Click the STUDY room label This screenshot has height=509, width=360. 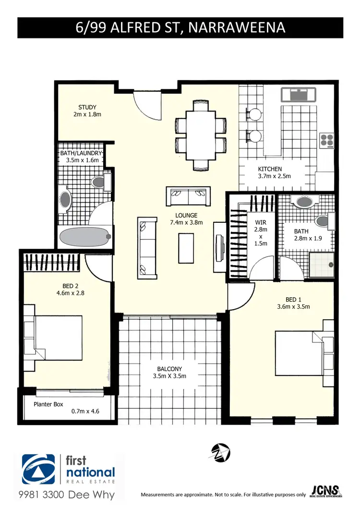(x=87, y=111)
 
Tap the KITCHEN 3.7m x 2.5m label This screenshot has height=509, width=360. (x=274, y=172)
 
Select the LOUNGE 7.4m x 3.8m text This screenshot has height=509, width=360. (x=186, y=219)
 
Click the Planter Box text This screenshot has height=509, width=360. (x=48, y=404)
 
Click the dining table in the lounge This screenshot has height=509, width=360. (x=201, y=135)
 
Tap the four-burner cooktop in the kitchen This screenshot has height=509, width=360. (x=327, y=139)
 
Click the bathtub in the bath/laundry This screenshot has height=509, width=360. (x=84, y=236)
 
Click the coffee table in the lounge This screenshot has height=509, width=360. (x=187, y=248)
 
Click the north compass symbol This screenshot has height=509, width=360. (x=221, y=452)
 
